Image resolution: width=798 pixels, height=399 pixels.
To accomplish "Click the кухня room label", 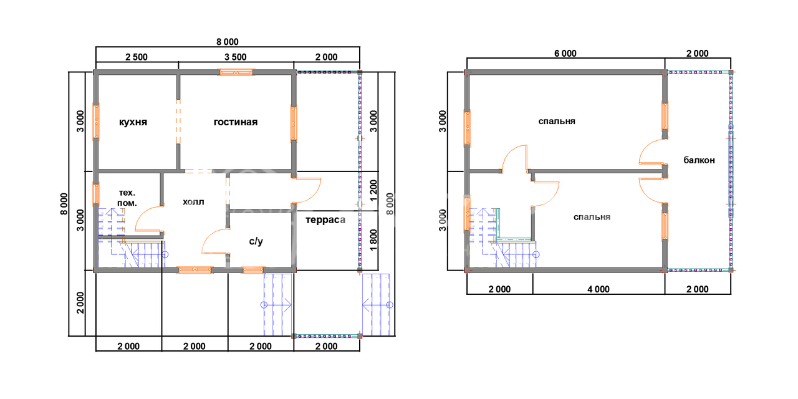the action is point(133,122).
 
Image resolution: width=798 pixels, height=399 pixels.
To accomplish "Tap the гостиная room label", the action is point(236,122).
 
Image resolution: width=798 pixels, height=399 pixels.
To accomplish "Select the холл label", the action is point(193,202).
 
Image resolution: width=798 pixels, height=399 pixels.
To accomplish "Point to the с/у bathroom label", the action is point(256,241).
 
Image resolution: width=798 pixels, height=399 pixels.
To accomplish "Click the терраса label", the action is point(325,220).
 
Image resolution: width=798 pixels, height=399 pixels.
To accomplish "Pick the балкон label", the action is point(699,160).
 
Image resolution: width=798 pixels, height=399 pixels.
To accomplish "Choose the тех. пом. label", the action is point(127,198).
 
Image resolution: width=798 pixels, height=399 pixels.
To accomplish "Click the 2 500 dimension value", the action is point(137,57).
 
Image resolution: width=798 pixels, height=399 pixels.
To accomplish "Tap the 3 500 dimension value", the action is point(236,57).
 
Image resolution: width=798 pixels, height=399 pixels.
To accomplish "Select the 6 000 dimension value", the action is point(565,54).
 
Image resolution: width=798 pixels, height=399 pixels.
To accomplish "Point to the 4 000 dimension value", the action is point(598,289).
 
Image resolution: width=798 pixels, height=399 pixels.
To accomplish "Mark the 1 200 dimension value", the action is point(373,191).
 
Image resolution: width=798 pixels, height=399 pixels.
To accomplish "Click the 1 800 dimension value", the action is point(373,240).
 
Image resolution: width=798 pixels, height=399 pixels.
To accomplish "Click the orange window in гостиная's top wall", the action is point(236,72).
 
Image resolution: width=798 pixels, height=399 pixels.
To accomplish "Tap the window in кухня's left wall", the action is point(96,121).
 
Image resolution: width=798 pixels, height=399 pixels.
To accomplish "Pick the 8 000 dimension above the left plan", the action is point(228,42).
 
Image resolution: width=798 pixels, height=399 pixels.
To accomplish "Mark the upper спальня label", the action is point(557,122).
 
